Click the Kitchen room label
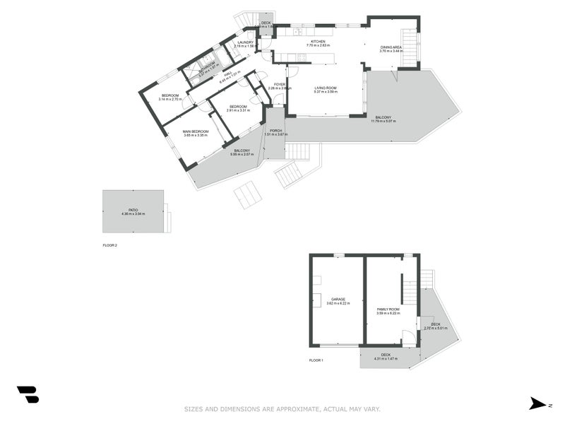tap(318, 42)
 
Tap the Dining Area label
tap(391, 47)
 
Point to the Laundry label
tap(245, 42)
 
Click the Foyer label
tap(280, 84)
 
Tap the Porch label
tap(275, 131)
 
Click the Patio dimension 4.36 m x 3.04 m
tap(133, 213)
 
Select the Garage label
tap(338, 299)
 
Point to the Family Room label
tap(388, 310)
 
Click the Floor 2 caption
tap(109, 245)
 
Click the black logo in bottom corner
tap(28, 394)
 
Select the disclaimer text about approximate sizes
tap(282, 408)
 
